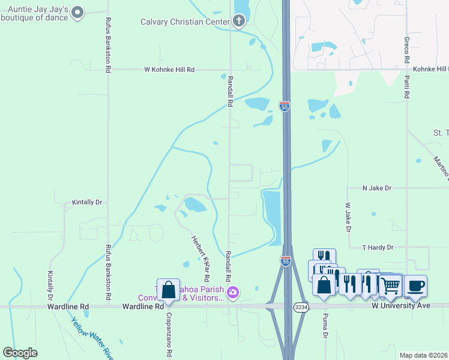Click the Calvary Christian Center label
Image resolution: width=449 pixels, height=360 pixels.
pyautogui.click(x=184, y=22)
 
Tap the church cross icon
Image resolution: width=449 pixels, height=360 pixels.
pyautogui.click(x=239, y=22)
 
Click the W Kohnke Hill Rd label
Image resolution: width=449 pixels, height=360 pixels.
pyautogui.click(x=170, y=70)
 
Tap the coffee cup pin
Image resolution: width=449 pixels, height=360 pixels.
pyautogui.click(x=415, y=285)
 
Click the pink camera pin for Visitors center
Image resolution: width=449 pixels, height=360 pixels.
pyautogui.click(x=232, y=293)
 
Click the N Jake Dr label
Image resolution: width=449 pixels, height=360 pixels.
pyautogui.click(x=376, y=188)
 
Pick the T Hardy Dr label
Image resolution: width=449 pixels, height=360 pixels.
pyautogui.click(x=378, y=247)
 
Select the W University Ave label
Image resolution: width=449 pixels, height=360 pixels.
pyautogui.click(x=401, y=305)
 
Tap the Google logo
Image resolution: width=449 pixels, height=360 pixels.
pyautogui.click(x=20, y=353)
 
